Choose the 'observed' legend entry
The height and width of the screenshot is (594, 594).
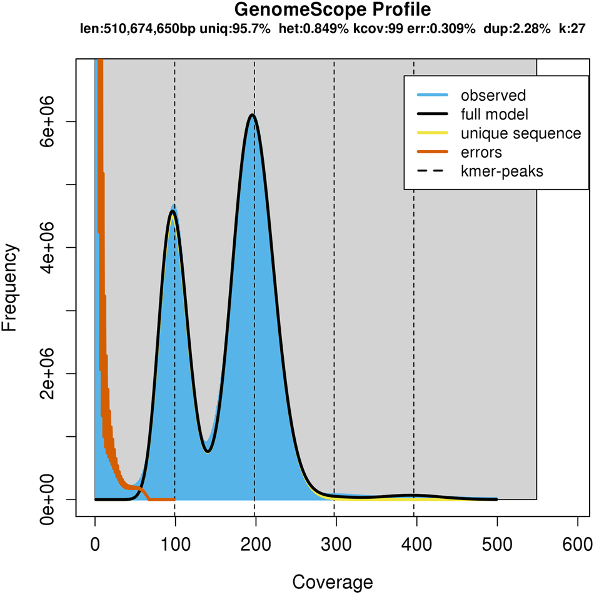[493, 96]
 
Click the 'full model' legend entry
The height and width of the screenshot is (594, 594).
[495, 115]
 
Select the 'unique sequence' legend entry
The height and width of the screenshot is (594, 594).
[521, 133]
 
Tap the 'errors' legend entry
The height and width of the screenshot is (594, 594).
[481, 152]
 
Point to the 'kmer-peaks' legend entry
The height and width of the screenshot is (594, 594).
[502, 171]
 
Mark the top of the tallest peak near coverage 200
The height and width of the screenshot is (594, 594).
[251, 115]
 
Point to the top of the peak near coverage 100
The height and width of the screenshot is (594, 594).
[173, 212]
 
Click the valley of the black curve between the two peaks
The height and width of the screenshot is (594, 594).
[209, 451]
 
